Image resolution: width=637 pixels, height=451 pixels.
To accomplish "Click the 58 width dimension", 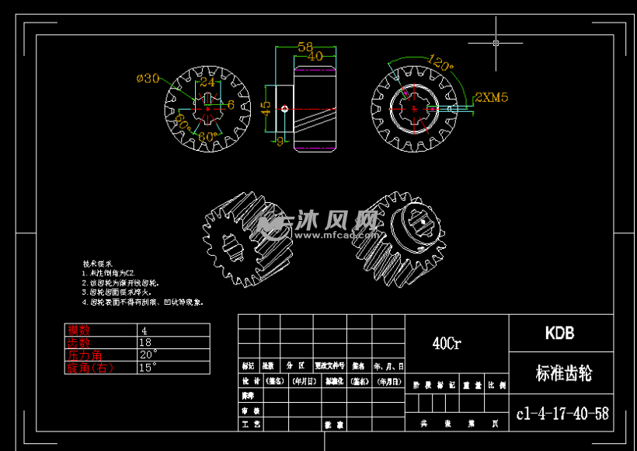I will pos(305,47).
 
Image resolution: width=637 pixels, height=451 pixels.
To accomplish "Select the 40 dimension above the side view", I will pos(315,56).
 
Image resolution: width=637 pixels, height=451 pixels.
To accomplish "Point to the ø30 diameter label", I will pos(148,78).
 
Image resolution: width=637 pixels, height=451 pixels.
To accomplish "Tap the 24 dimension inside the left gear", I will pos(207,82).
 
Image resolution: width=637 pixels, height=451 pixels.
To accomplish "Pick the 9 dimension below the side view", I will pos(280,141).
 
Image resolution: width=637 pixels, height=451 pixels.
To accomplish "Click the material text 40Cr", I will pos(447,343).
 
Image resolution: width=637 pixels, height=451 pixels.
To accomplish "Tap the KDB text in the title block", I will pos(559,333).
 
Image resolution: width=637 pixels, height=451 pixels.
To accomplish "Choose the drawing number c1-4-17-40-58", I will pos(562,414).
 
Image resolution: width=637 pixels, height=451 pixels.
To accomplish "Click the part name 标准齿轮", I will pos(563,373).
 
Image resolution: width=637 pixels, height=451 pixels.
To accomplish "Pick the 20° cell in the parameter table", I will pos(148,355).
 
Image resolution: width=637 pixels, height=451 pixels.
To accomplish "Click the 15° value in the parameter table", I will pos(148,366).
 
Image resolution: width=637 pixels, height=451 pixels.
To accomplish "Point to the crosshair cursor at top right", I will pos(496,43).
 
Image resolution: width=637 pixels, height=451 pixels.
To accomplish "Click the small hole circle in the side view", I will pos(285,109).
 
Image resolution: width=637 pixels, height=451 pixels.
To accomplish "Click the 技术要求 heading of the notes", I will pos(98,264).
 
